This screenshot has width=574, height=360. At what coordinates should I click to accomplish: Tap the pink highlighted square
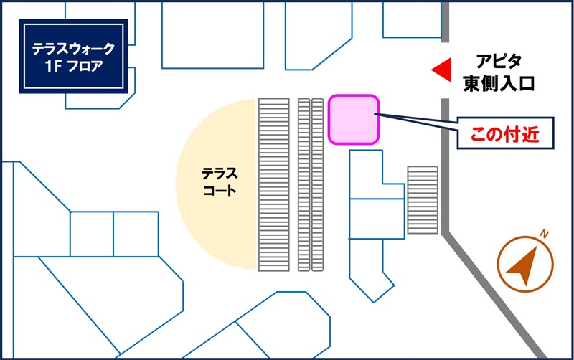click(353, 119)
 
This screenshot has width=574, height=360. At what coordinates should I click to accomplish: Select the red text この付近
click(505, 134)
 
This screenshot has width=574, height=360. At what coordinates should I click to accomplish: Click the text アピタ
click(499, 62)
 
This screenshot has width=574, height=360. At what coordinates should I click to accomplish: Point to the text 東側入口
click(499, 83)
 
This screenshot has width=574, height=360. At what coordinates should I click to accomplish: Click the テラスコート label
click(220, 182)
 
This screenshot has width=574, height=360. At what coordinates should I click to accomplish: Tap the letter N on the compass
click(545, 234)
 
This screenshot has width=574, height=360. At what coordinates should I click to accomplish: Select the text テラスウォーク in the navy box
click(74, 48)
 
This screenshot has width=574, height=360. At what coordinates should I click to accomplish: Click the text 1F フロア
click(75, 66)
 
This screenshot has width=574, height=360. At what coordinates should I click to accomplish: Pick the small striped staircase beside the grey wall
click(423, 200)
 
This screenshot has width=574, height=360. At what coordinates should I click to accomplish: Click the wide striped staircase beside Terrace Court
click(274, 185)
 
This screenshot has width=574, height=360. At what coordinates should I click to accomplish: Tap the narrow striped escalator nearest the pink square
click(317, 185)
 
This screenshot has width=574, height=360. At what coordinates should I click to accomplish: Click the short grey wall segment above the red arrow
click(445, 22)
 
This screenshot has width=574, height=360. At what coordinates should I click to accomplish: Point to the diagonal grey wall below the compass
click(494, 296)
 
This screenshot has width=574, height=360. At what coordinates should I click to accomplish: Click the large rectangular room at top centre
click(212, 35)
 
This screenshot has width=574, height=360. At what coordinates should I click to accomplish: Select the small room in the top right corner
click(412, 20)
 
